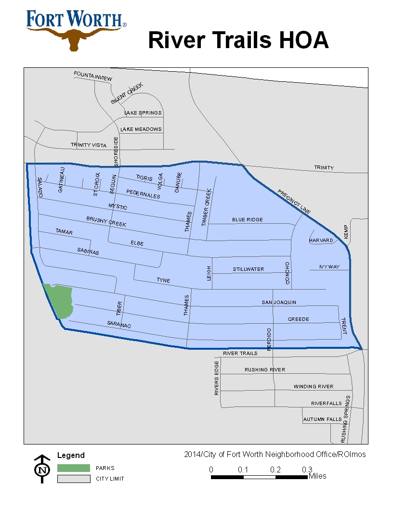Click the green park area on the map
pos(59,300)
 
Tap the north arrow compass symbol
pos(42,468)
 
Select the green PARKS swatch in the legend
pos(73,468)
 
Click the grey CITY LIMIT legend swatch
pos(73,479)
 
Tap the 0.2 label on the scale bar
pos(275,470)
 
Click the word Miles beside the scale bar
pos(317,476)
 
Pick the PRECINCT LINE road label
pos(294,201)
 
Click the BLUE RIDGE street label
pos(248,219)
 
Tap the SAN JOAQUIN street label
pos(279,302)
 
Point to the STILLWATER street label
pos(249,269)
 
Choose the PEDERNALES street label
pos(143,194)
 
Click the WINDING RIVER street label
pos(314,386)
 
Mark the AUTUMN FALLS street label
pos(322,419)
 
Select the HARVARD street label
pos(321,240)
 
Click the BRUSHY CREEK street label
pos(106,221)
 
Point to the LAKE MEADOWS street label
pos(141,129)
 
